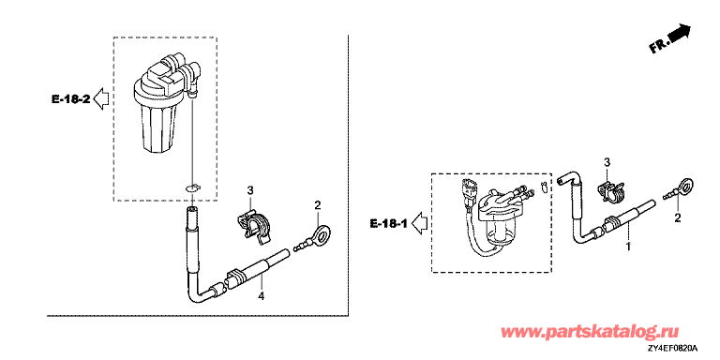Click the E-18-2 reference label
pos(70,98)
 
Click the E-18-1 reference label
pos(387,224)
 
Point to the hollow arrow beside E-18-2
pos(101,99)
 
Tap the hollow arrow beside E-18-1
pos(418,224)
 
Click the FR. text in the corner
pos(659,46)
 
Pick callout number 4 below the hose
pos(261,296)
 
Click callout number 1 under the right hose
pos(628,247)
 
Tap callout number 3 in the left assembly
pos(250,189)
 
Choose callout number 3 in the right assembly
pos(607,161)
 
